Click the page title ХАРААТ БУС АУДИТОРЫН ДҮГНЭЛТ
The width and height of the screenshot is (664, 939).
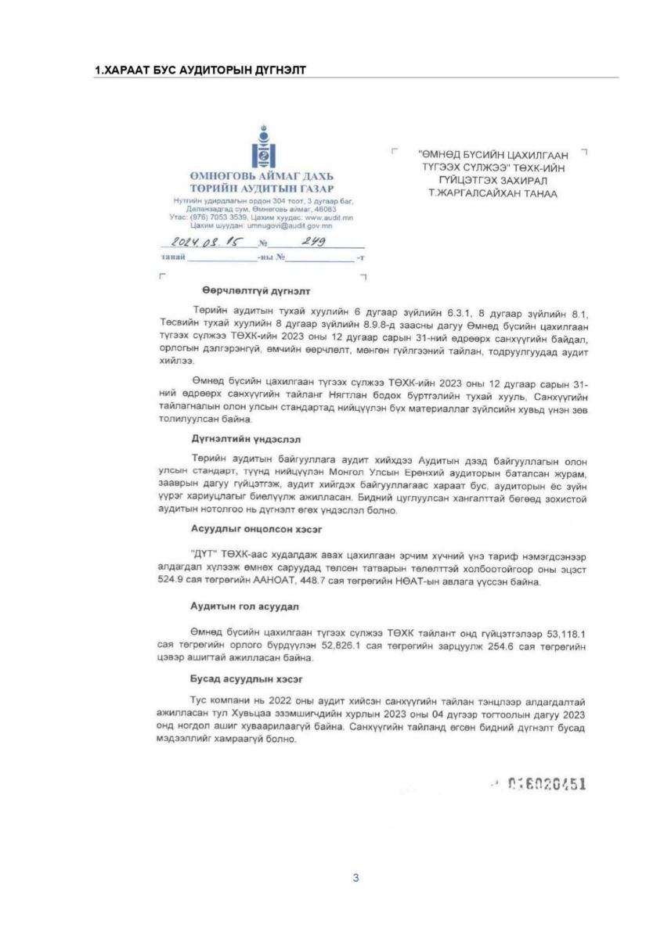pyautogui.click(x=199, y=70)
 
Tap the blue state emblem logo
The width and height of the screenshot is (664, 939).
pyautogui.click(x=262, y=148)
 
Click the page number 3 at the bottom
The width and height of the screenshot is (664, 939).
pyautogui.click(x=355, y=878)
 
